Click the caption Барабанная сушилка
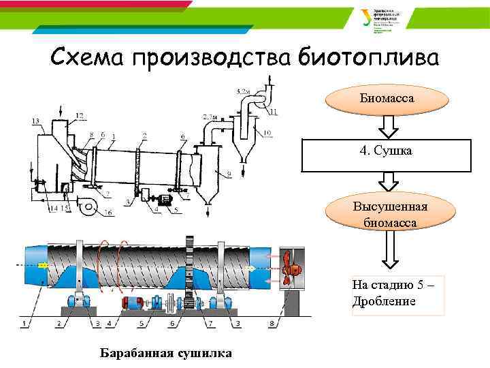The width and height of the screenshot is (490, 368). (x=165, y=353)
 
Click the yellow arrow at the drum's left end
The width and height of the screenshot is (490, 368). (x=43, y=266)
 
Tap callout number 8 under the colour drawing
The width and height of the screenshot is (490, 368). (x=272, y=322)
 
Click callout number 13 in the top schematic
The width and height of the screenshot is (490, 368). (x=35, y=121)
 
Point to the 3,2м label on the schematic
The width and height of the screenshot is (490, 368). (x=242, y=91)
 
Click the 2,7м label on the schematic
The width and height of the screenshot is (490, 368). (x=210, y=117)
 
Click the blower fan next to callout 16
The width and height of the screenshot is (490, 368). (x=87, y=206)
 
